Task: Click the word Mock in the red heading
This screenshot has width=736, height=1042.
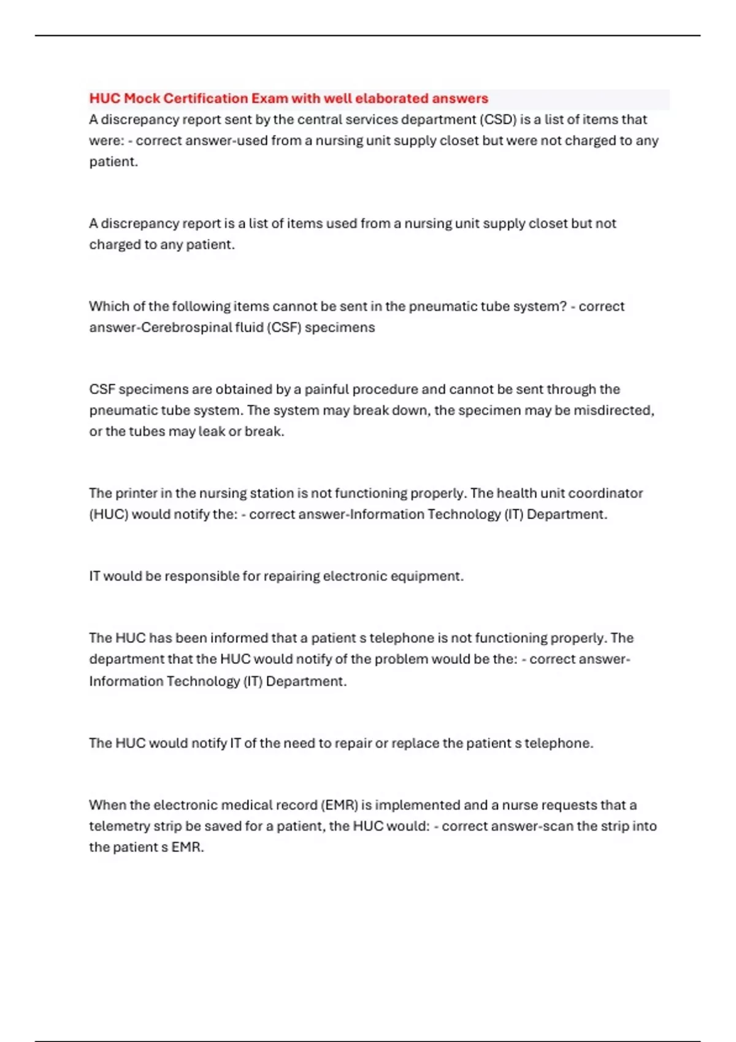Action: tap(142, 99)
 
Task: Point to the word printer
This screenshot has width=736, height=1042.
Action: tap(136, 493)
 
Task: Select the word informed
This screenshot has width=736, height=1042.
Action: tap(239, 638)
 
